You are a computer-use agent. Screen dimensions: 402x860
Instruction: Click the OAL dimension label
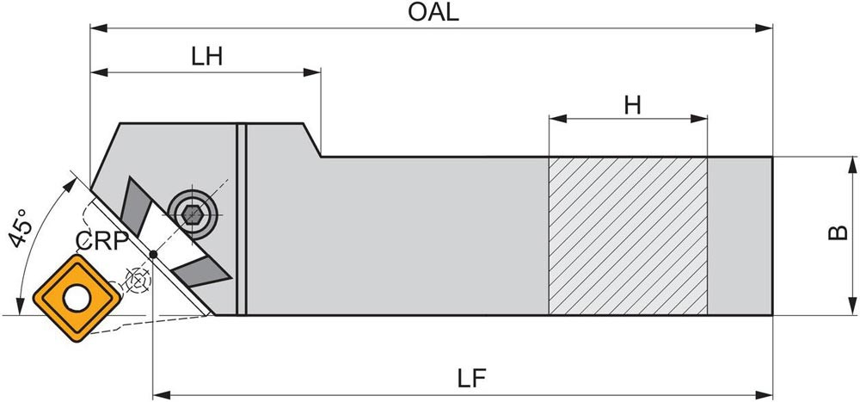click(435, 12)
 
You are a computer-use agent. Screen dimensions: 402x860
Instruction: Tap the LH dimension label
click(206, 56)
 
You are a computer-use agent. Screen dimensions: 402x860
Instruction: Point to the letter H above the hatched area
click(633, 105)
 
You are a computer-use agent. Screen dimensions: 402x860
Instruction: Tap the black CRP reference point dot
click(152, 253)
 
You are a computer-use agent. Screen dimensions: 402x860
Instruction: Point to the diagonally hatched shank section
click(628, 236)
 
